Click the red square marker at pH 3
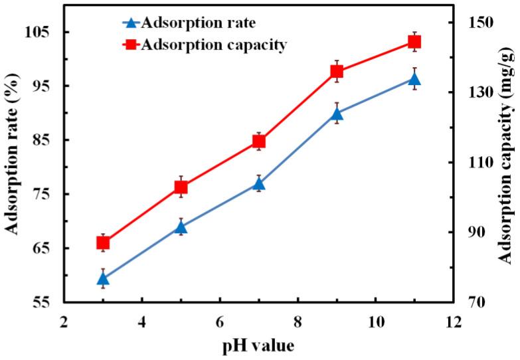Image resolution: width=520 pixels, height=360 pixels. click(x=103, y=243)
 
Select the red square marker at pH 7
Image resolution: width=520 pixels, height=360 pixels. click(x=259, y=141)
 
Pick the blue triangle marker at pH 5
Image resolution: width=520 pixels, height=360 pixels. click(x=181, y=227)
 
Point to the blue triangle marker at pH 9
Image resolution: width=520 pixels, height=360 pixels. click(x=337, y=113)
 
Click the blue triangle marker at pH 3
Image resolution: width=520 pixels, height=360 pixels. click(x=103, y=278)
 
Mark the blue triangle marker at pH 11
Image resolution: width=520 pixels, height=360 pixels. click(x=414, y=79)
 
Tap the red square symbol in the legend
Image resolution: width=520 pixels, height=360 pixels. click(x=131, y=45)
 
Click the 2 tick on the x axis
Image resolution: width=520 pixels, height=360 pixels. click(x=64, y=320)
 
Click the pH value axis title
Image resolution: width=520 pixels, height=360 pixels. click(x=258, y=345)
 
